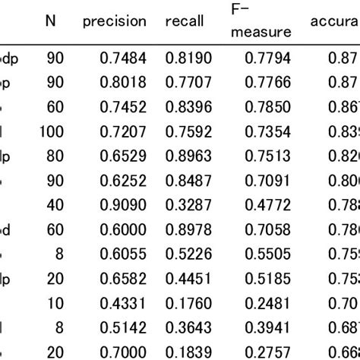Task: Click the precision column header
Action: [x=114, y=21]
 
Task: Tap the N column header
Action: [x=50, y=21]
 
